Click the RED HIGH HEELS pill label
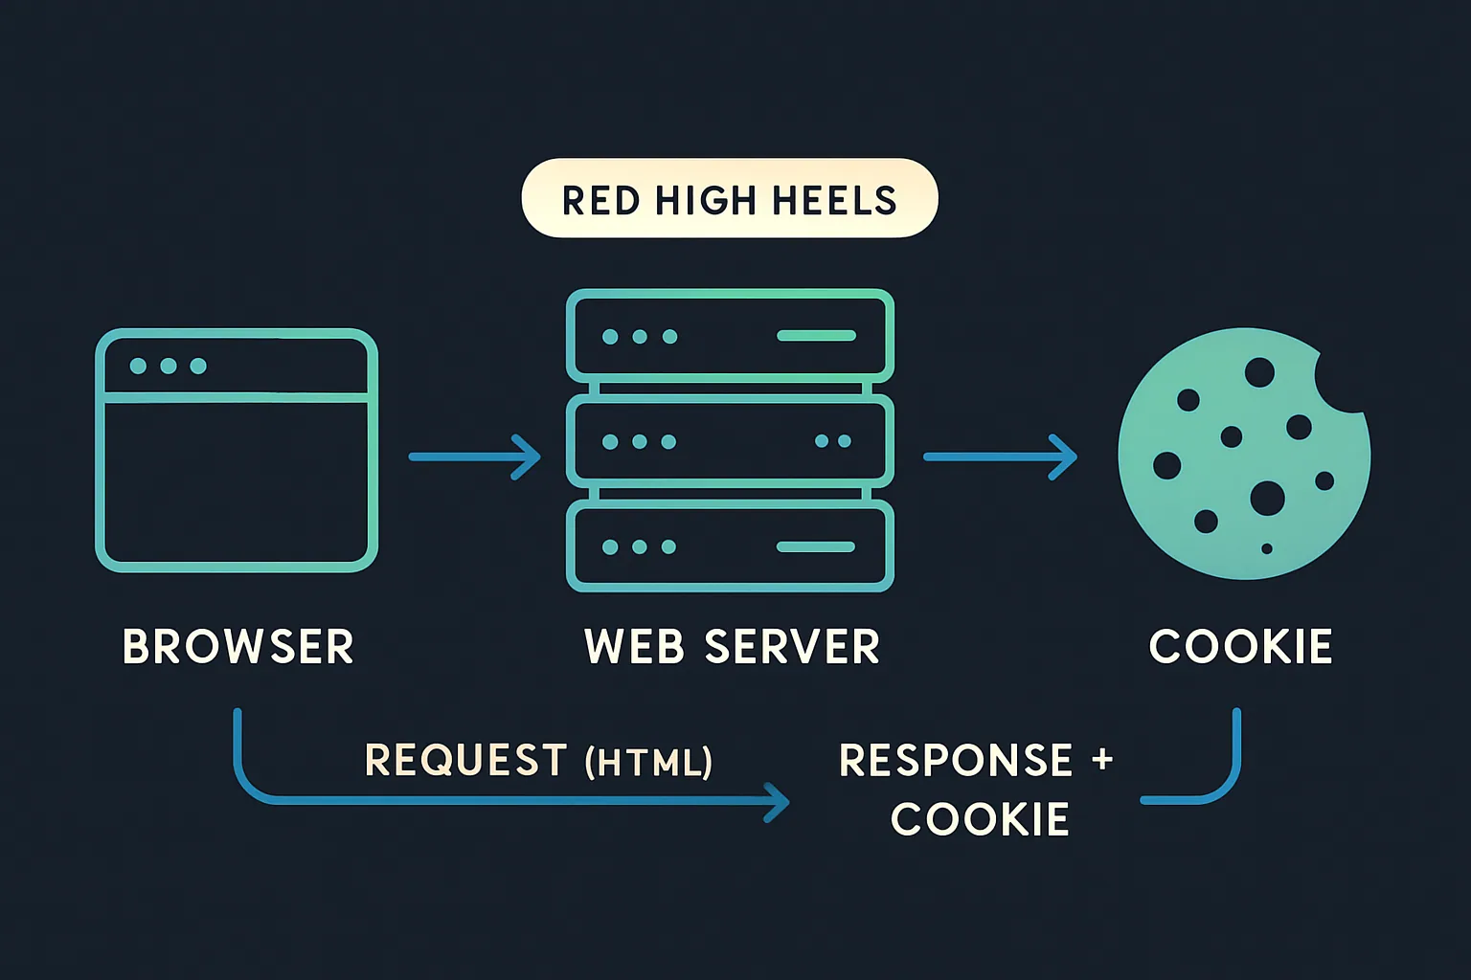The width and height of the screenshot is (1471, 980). click(729, 199)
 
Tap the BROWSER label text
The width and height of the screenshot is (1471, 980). click(238, 647)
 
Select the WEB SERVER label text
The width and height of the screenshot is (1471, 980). click(732, 647)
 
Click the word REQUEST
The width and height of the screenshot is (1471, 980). click(466, 761)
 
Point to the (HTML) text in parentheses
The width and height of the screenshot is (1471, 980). click(648, 763)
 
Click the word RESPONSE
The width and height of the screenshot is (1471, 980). click(956, 761)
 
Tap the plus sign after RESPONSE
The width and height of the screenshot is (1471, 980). click(1102, 760)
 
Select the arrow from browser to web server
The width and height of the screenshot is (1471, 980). click(474, 457)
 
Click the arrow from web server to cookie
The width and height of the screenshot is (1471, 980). click(999, 457)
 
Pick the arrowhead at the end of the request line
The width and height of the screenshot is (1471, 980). click(778, 802)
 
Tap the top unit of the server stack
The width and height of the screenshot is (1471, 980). click(730, 336)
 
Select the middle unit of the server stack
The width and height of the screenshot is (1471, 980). click(730, 441)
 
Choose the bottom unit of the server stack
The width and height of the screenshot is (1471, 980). click(730, 546)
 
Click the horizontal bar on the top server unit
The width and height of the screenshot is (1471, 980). click(816, 336)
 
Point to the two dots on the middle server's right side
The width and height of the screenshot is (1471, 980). click(832, 441)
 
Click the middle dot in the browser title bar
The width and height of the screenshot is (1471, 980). click(169, 366)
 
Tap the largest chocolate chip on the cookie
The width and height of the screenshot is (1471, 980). click(1267, 498)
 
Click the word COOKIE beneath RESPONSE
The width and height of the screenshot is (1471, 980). click(980, 820)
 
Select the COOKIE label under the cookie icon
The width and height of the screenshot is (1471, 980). click(1240, 647)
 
